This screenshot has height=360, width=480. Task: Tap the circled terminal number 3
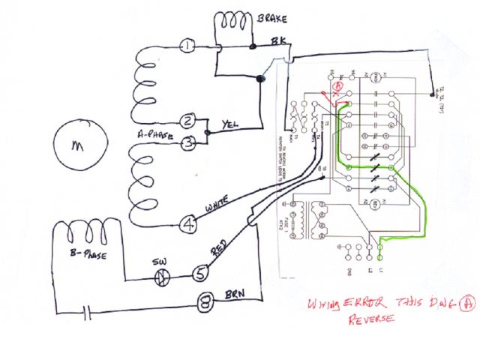click(190, 141)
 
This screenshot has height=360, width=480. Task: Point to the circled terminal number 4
click(190, 223)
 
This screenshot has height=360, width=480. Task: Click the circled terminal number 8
click(204, 304)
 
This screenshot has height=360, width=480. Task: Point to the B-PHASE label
click(85, 256)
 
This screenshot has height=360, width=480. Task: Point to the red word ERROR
click(365, 302)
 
